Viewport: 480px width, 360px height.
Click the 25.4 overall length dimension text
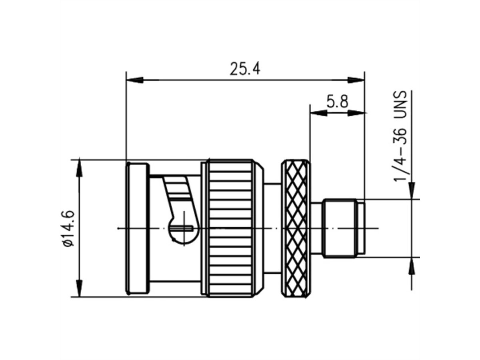point(245,69)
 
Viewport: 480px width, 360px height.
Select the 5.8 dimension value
point(337,102)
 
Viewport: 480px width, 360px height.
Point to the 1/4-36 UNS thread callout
point(400,136)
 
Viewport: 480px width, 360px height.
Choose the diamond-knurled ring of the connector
point(296,228)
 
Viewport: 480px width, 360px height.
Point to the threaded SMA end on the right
point(340,228)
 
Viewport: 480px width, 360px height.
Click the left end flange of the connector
point(137,228)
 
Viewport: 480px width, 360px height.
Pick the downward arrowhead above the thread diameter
point(412,190)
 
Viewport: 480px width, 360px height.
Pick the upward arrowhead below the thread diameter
point(412,266)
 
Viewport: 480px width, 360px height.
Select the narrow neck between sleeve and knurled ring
point(273,228)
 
